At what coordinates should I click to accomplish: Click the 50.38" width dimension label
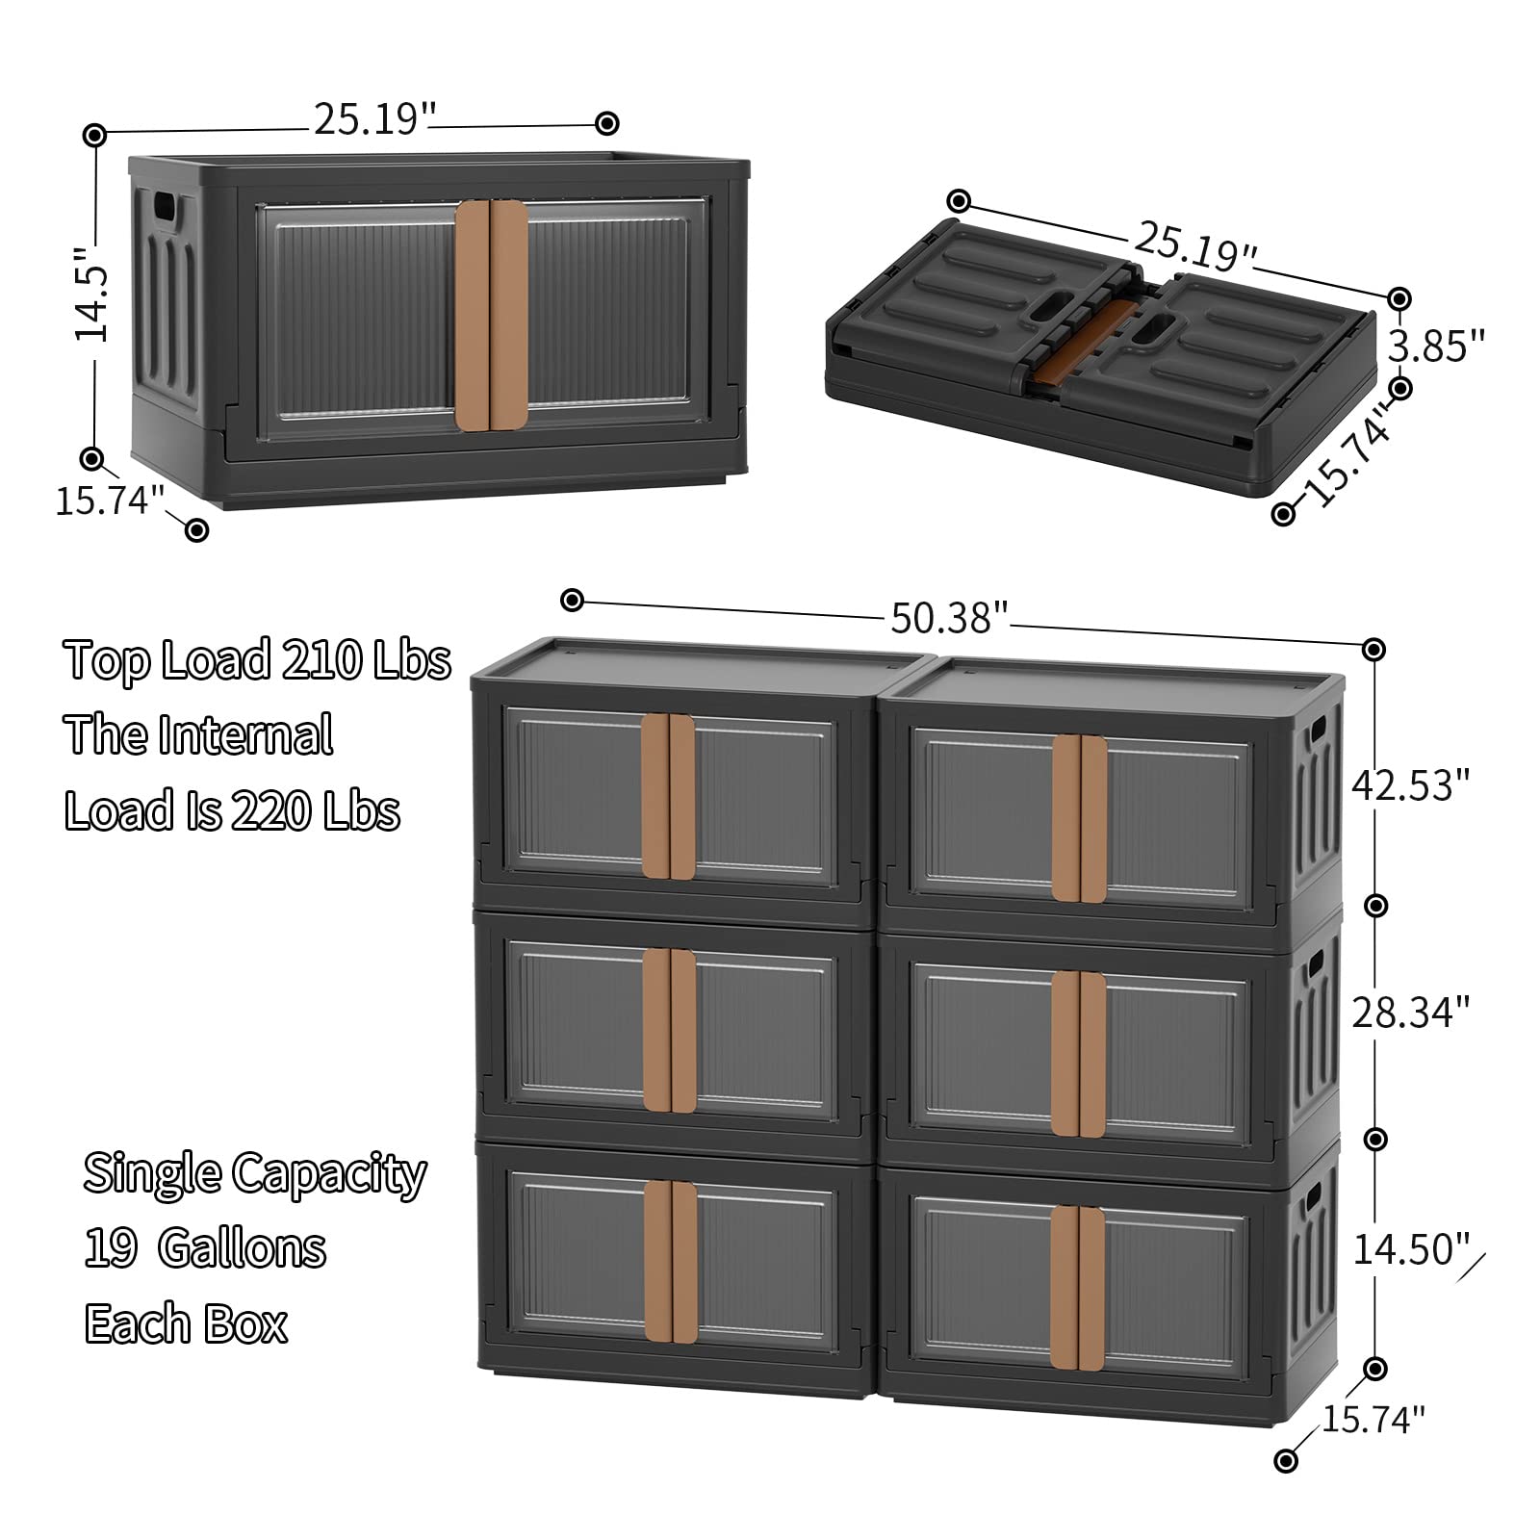948,617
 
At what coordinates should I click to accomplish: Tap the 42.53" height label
1410,784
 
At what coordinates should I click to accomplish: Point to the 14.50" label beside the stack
1410,1249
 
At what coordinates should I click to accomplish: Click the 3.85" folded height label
1436,345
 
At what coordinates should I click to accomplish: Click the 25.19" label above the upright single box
374,118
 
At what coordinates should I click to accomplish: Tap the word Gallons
243,1248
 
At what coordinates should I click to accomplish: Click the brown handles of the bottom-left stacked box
671,1260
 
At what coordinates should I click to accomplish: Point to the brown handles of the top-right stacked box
1079,818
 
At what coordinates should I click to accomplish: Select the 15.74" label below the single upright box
109,500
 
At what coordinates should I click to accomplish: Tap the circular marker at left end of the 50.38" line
573,601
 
